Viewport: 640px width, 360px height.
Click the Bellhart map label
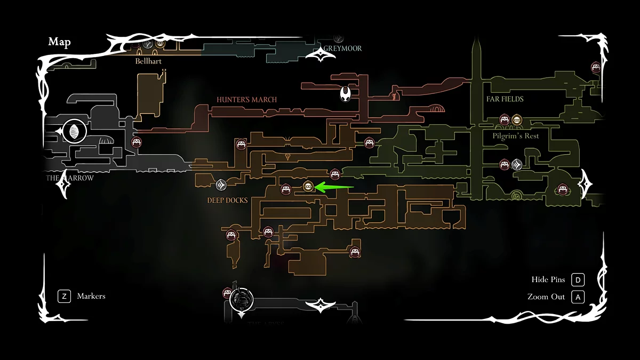point(148,61)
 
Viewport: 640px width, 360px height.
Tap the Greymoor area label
point(344,49)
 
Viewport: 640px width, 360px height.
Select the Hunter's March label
point(246,100)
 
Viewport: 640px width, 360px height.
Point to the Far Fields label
point(505,99)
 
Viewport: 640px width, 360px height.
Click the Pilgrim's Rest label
point(516,136)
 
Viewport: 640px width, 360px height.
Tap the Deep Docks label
point(227,201)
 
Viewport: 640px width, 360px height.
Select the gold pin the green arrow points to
point(308,186)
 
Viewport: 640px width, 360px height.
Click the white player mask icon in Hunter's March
point(346,94)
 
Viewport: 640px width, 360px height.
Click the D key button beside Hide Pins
point(578,280)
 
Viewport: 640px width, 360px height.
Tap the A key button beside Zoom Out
point(578,297)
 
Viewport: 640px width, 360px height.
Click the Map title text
point(59,42)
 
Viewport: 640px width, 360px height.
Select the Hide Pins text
point(548,280)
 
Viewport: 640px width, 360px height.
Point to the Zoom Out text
point(546,297)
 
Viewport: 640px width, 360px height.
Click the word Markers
point(91,296)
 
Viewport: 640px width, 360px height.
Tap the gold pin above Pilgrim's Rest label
point(516,120)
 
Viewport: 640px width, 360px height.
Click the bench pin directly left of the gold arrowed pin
point(286,189)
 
